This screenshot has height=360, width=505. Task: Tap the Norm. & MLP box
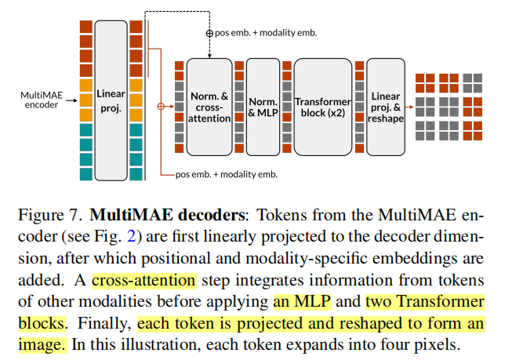263,106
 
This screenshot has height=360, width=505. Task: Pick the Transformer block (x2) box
322,106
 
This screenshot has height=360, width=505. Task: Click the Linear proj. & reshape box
385,106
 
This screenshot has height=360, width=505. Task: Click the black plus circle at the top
209,33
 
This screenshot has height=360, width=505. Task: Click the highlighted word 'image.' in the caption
42,344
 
